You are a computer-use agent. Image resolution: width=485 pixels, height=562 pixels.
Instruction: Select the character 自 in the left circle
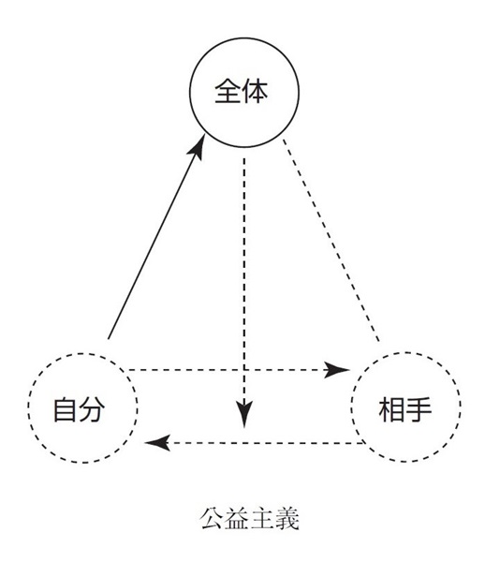pos(65,409)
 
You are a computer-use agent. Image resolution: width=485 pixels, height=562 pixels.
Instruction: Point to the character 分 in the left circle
pos(92,409)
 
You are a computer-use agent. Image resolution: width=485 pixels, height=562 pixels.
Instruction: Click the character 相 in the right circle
pos(391,409)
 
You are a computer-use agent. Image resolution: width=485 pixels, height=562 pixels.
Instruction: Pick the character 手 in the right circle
pos(419,409)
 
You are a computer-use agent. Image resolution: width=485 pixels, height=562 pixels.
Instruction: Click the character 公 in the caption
pos(212,518)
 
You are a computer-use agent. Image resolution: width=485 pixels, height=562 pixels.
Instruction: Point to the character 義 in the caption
pos(287,518)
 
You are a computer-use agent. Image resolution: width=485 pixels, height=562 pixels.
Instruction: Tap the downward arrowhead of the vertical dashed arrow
pos(244,414)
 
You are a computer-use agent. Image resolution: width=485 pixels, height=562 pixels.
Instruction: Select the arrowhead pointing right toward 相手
pos(336,370)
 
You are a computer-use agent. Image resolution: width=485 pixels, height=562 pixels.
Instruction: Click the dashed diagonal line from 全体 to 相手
pos(331,240)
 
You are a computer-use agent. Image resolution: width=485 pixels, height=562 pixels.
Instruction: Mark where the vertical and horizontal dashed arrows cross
pos(244,370)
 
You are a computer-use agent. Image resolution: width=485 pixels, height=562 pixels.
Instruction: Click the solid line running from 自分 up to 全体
pos(156,237)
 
